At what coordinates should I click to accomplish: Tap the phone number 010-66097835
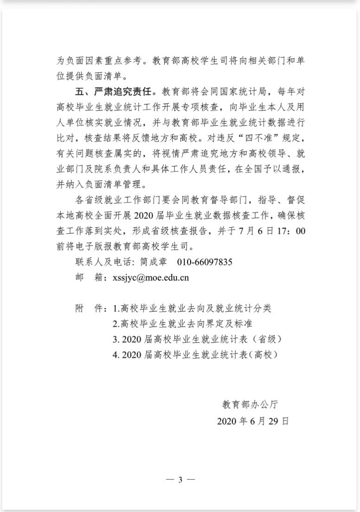click(x=205, y=262)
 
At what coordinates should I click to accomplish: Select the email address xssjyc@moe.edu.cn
click(x=148, y=278)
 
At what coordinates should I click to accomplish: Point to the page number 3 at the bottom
click(x=180, y=480)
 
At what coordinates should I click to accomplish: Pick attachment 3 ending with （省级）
click(x=197, y=339)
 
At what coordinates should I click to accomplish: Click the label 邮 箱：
click(x=89, y=278)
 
